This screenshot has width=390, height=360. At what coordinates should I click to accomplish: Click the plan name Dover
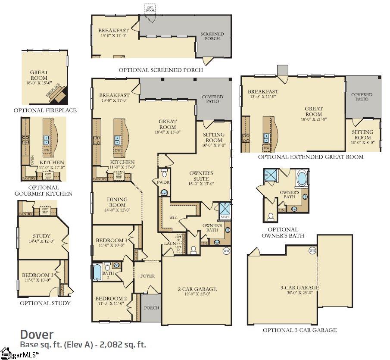click(37, 334)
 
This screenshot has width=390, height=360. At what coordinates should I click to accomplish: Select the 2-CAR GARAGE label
click(197, 289)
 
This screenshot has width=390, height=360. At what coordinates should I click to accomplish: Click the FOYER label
click(148, 276)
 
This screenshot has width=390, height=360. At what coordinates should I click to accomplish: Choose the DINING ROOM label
click(117, 202)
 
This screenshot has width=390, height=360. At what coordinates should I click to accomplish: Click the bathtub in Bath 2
click(97, 272)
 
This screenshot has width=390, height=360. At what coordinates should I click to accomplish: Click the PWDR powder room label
click(163, 182)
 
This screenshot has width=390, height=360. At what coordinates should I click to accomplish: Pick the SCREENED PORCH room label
click(212, 36)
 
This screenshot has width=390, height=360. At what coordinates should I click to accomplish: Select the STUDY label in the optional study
click(41, 236)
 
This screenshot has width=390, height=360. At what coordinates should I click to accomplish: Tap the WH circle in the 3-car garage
click(312, 250)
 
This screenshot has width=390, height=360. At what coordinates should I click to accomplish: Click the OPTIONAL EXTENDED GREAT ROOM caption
click(310, 157)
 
